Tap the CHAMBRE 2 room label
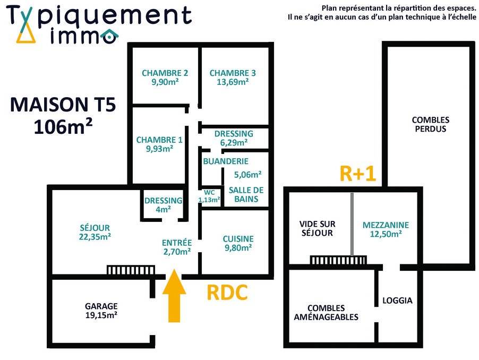tap(165, 73)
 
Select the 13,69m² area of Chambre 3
tap(233, 82)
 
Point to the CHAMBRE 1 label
tap(159, 140)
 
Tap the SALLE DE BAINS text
tap(246, 194)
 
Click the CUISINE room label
tap(238, 238)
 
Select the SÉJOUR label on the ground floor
tap(95, 228)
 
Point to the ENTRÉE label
tap(176, 242)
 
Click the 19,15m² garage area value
tap(101, 315)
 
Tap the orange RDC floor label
tap(227, 293)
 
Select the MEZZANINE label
tap(382, 225)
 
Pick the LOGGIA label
tap(397, 300)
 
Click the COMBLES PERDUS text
tap(430, 124)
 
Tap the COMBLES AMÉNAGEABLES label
tap(333, 312)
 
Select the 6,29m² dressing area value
tap(234, 142)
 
